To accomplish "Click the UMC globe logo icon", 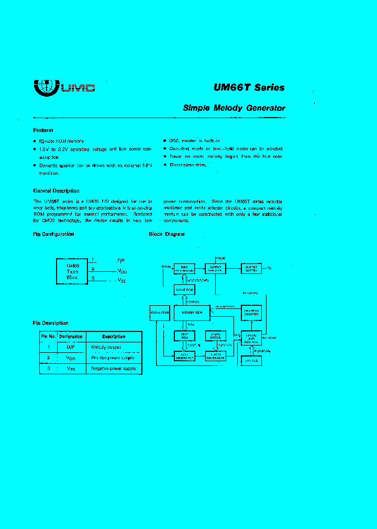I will pyautogui.click(x=46, y=87).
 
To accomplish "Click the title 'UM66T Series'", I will pyautogui.click(x=249, y=88).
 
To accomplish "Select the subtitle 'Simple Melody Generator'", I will pyautogui.click(x=234, y=108).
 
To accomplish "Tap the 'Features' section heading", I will pyautogui.click(x=43, y=130).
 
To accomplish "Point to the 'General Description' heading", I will pyautogui.click(x=56, y=191).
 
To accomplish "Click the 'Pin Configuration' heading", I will pyautogui.click(x=53, y=234).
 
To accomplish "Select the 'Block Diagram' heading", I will pyautogui.click(x=167, y=234).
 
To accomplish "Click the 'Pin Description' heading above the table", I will pyautogui.click(x=50, y=323).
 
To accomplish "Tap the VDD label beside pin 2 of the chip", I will pyautogui.click(x=121, y=271).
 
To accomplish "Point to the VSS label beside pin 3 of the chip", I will pyautogui.click(x=121, y=281).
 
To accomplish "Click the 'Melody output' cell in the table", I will pyautogui.click(x=106, y=347).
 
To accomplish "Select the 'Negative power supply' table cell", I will pyautogui.click(x=114, y=369).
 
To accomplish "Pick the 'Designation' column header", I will pyautogui.click(x=71, y=337).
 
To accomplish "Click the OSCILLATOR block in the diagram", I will pyautogui.click(x=160, y=313).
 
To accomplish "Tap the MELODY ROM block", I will pyautogui.click(x=191, y=313).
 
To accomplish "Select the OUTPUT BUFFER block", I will pyautogui.click(x=251, y=268).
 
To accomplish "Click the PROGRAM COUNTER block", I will pyautogui.click(x=251, y=312).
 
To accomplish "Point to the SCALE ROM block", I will pyautogui.click(x=184, y=289).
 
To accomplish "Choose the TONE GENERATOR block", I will pyautogui.click(x=184, y=268).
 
